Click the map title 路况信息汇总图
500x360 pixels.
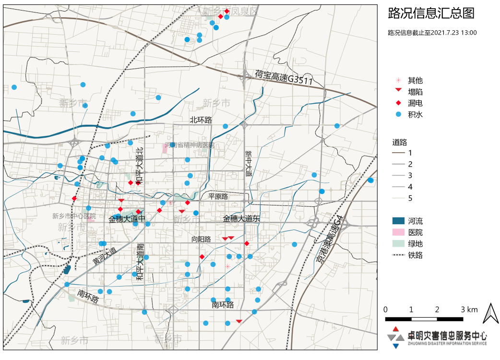(431, 13)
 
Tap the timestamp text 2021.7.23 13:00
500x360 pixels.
(453, 33)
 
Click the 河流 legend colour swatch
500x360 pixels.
(398, 221)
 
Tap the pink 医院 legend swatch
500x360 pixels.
(398, 232)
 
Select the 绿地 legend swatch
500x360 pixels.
(398, 244)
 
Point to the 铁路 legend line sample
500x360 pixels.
(398, 255)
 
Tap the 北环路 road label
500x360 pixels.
(201, 120)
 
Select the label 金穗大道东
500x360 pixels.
(241, 218)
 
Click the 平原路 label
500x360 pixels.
(218, 196)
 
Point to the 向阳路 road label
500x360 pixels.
(201, 239)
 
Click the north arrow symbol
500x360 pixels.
(490, 313)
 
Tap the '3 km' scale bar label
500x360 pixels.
(469, 310)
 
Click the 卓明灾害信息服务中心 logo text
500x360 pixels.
(447, 336)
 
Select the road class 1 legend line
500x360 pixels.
(398, 153)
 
